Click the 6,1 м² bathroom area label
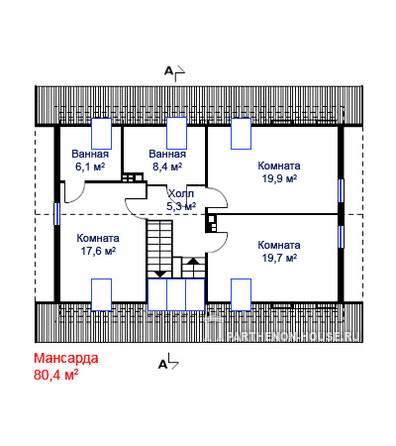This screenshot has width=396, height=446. [x=90, y=167]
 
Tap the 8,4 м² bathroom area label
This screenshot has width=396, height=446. [x=167, y=167]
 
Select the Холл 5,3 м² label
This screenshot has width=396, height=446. [x=181, y=200]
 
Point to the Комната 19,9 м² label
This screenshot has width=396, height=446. [x=279, y=172]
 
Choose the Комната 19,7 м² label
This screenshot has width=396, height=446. [x=279, y=252]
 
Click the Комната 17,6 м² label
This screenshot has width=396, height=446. [x=98, y=245]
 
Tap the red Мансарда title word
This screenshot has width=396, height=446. [x=66, y=358]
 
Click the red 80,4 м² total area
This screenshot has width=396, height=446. [x=56, y=375]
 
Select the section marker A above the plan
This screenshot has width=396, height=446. [x=168, y=70]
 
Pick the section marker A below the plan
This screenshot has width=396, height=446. [x=162, y=365]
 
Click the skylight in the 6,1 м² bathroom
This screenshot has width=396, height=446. [x=101, y=134]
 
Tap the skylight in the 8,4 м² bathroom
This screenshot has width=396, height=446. [x=176, y=133]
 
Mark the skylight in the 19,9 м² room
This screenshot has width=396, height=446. [x=241, y=134]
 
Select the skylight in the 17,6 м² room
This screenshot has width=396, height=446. [x=101, y=294]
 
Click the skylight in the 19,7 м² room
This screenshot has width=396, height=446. [x=241, y=294]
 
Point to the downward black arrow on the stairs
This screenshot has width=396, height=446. [x=160, y=274]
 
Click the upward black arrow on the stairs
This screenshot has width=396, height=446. [x=193, y=261]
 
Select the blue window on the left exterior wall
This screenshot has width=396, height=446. [x=56, y=214]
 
